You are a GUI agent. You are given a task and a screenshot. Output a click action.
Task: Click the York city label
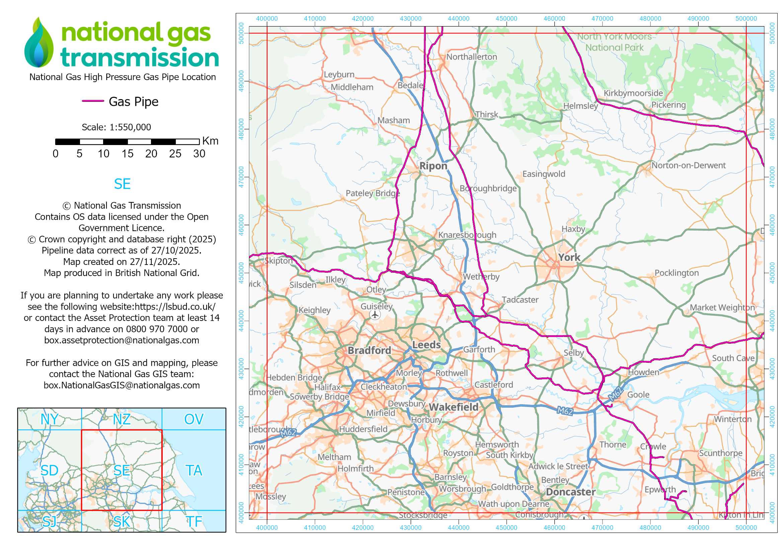[569, 258]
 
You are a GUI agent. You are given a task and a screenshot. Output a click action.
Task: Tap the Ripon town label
[433, 166]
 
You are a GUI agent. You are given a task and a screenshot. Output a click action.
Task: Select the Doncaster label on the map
[570, 492]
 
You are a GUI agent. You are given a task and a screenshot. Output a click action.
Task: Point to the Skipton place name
[279, 261]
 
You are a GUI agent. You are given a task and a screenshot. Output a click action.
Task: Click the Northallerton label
[471, 57]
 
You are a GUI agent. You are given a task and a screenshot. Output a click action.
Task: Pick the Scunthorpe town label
[720, 453]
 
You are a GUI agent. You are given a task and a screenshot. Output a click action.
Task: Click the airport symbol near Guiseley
[375, 315]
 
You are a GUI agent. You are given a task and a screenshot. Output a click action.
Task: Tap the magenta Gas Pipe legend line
[93, 101]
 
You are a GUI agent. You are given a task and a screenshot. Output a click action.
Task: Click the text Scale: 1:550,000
[116, 127]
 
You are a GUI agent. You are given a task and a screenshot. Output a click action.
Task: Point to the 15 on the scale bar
[127, 154]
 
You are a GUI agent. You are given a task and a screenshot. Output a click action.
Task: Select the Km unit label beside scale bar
[210, 141]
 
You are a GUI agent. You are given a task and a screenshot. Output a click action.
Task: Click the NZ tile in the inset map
[122, 419]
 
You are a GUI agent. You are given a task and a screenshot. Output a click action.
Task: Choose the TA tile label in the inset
[194, 470]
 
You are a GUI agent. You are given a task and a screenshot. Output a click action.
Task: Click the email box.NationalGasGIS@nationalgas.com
[122, 385]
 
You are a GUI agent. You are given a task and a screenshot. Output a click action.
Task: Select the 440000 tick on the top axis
[458, 19]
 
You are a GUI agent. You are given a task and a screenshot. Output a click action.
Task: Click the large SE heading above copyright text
[122, 184]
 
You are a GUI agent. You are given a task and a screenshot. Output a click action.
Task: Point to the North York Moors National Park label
[614, 42]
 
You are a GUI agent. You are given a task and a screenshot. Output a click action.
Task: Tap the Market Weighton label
[722, 307]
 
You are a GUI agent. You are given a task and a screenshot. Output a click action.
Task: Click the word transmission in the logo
[140, 57]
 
